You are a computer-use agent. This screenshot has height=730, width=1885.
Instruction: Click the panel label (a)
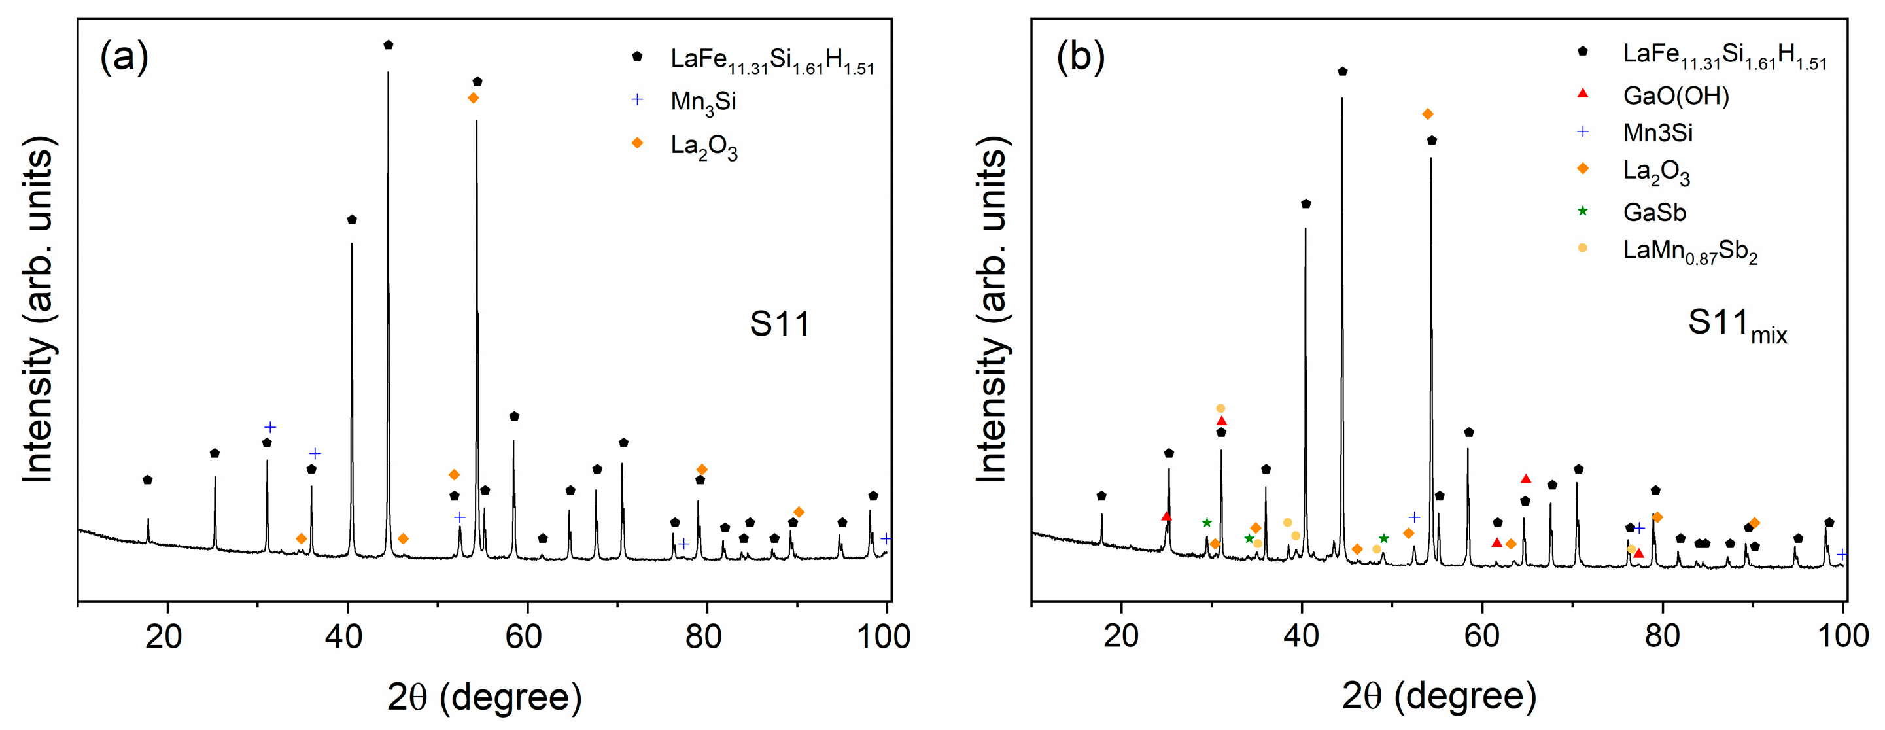[124, 56]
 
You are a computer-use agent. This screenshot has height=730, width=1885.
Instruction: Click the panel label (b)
[1079, 56]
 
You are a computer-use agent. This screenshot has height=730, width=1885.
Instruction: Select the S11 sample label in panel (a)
[780, 323]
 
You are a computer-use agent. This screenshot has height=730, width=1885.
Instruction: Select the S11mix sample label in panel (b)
[1737, 324]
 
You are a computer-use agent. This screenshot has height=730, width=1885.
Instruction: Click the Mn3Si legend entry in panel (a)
[702, 101]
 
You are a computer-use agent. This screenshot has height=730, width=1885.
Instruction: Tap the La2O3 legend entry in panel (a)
[703, 146]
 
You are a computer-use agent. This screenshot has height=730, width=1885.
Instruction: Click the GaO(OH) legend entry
[1675, 95]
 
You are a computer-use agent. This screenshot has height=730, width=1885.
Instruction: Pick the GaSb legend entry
[1653, 212]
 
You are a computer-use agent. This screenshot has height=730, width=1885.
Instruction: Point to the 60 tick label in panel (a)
[524, 636]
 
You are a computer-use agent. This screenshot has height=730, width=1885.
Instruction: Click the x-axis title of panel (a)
[485, 697]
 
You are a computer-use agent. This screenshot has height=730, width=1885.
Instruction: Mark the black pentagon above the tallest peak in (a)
[389, 45]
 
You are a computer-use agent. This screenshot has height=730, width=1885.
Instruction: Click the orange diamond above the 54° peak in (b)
[1427, 114]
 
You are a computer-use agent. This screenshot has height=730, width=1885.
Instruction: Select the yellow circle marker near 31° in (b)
[1220, 409]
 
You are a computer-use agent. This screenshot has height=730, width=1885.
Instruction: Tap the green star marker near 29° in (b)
[1207, 522]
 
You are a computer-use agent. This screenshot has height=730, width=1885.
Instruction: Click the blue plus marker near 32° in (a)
[270, 427]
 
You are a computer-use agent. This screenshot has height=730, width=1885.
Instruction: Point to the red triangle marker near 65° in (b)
[1526, 479]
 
